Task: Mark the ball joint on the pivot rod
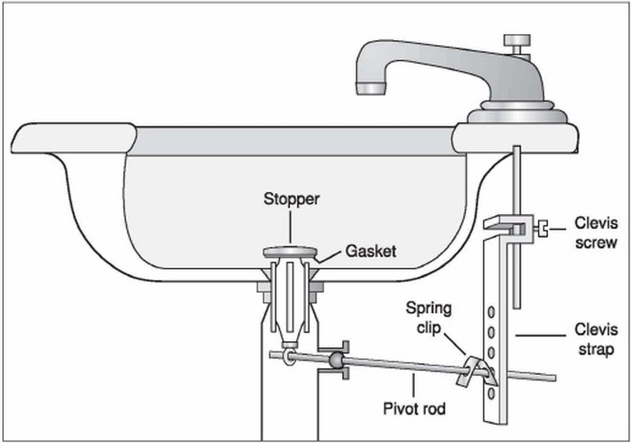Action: tap(335, 362)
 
